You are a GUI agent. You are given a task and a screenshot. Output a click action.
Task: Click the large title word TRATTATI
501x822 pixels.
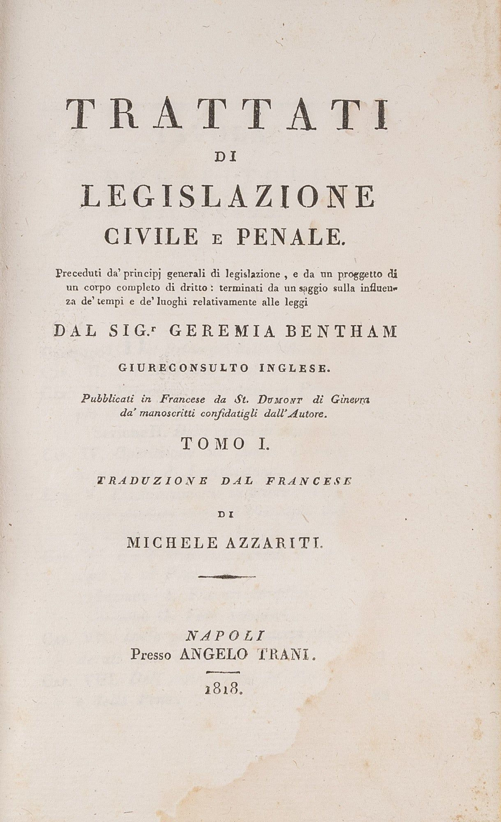pyautogui.click(x=227, y=114)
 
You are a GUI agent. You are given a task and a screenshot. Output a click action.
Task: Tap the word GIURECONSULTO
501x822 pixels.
pyautogui.click(x=183, y=368)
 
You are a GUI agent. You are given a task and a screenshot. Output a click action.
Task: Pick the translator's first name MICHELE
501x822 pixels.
pyautogui.click(x=172, y=543)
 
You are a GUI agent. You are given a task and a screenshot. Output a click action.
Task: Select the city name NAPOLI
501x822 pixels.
pyautogui.click(x=224, y=636)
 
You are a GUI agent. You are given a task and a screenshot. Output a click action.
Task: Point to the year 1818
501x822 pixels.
pyautogui.click(x=224, y=690)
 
